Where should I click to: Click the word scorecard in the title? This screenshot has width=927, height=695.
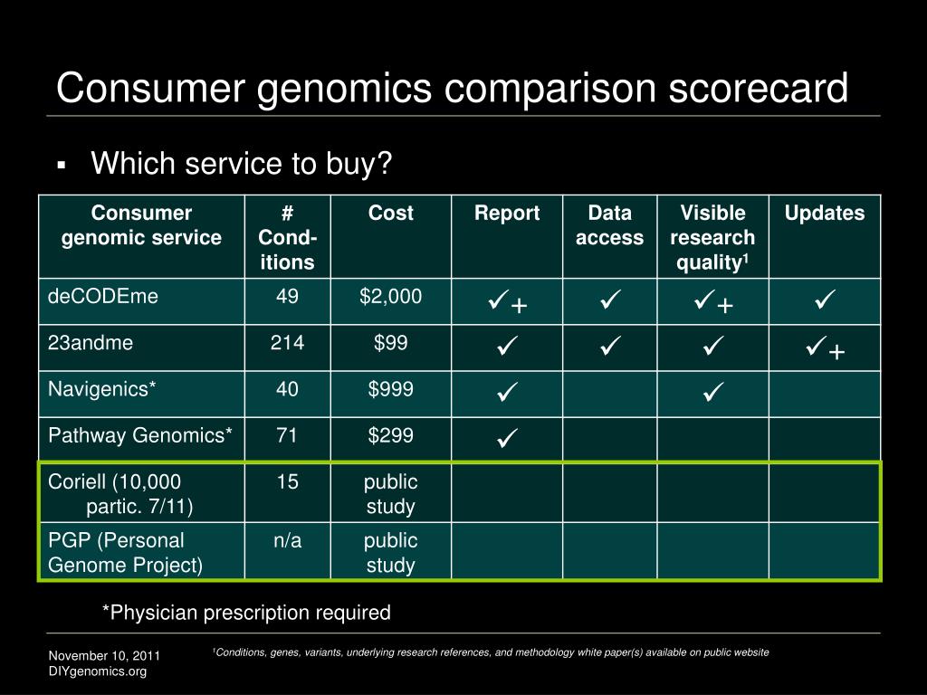[759, 88]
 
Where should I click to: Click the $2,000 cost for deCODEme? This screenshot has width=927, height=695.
[391, 296]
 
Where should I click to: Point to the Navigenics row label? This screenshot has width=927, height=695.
[101, 389]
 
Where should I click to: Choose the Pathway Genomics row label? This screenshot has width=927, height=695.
[140, 435]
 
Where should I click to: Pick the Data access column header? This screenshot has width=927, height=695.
[609, 225]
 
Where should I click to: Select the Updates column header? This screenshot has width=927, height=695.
[825, 213]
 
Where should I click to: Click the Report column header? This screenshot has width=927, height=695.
[507, 213]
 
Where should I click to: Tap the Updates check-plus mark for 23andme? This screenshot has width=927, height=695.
[825, 347]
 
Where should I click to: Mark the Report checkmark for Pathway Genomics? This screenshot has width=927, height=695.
[507, 438]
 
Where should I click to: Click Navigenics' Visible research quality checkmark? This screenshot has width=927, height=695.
[713, 391]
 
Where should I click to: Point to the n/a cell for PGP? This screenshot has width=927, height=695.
[287, 540]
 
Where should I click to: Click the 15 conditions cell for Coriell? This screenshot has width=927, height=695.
[287, 481]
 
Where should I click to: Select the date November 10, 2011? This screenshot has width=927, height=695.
[104, 655]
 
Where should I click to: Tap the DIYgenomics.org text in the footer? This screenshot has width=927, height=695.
[98, 671]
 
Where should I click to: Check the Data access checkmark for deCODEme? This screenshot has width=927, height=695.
[610, 299]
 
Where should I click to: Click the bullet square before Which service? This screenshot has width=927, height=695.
[62, 166]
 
